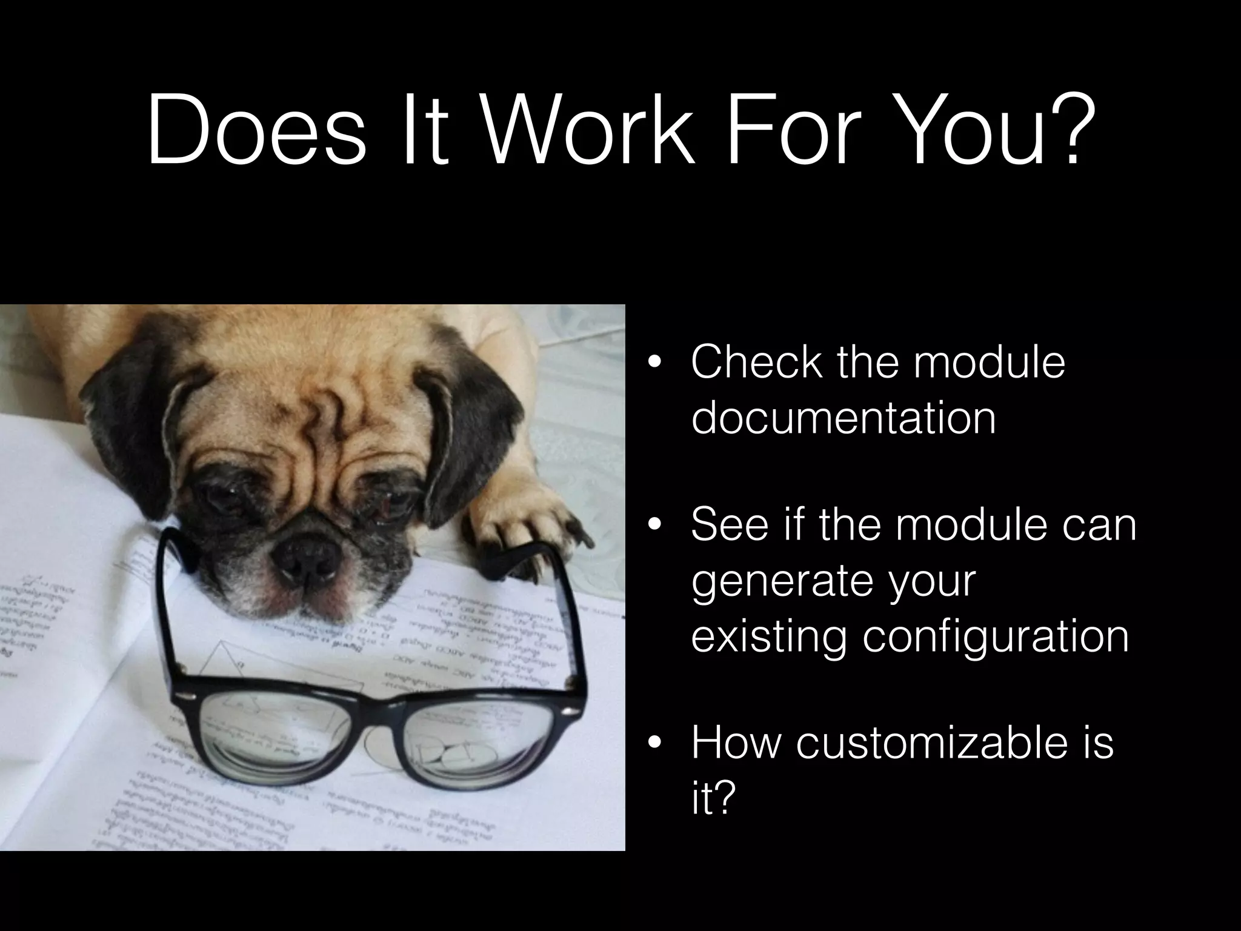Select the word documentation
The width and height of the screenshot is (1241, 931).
843,418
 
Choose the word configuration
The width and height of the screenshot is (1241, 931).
996,636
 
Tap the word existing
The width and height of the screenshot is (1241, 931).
768,636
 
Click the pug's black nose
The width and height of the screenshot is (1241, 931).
306,555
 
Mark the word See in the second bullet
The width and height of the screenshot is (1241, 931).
728,525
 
